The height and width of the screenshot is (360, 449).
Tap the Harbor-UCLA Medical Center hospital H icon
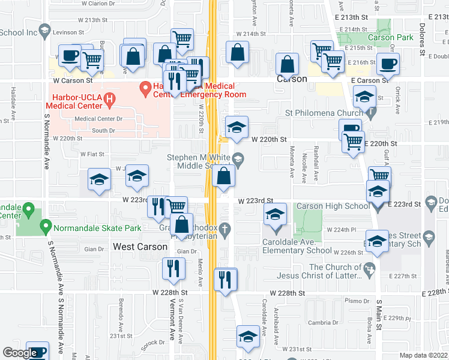click(109, 100)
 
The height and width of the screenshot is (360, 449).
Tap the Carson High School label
click(333, 206)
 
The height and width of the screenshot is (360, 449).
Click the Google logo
click(20, 353)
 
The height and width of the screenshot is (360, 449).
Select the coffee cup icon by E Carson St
click(388, 64)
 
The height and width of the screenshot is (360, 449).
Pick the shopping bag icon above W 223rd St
click(223, 177)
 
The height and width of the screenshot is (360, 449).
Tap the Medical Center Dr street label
click(98, 118)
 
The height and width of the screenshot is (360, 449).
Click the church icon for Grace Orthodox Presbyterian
click(225, 229)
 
